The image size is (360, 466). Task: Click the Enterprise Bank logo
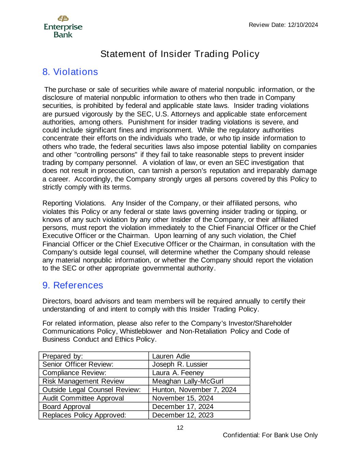63,27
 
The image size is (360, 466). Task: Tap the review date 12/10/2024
283,25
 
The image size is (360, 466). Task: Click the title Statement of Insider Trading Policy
180,54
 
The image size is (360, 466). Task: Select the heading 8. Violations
70,72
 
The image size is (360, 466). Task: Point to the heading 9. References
73,285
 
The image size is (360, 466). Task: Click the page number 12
180,428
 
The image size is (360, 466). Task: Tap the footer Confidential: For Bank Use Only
270,435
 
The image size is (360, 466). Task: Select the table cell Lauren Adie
171,356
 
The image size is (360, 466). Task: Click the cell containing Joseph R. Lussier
180,365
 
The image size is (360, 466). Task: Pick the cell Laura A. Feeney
178,373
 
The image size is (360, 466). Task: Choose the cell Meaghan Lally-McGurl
188,381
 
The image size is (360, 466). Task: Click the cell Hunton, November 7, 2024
194,390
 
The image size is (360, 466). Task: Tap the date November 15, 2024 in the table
183,398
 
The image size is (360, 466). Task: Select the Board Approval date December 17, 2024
183,407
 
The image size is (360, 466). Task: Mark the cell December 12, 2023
183,415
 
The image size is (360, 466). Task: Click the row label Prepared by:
63,356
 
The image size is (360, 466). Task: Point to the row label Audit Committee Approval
83,398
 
